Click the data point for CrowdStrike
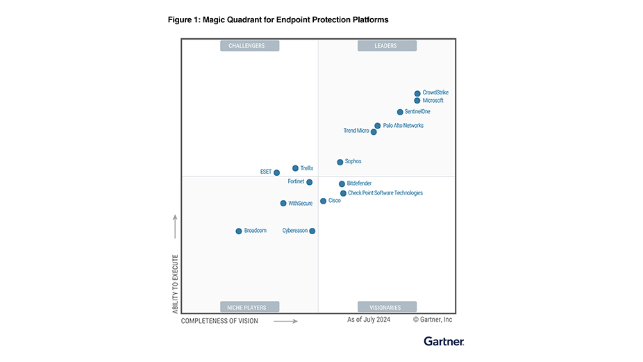coord(417,93)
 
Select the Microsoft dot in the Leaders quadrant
coord(417,101)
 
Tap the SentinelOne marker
coord(400,112)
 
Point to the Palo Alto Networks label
coord(403,126)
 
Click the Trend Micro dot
coord(374,132)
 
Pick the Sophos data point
coord(340,162)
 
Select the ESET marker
coord(276,172)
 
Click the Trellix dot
coord(295,168)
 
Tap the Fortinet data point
coord(309,182)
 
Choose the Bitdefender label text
coord(359,183)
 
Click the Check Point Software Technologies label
coord(385,193)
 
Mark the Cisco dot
coord(323,201)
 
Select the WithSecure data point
coord(283,204)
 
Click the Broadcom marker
coord(239,231)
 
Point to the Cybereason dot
coord(312,231)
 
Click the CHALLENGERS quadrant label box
coord(250,46)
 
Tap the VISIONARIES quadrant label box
coord(387,307)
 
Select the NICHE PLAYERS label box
coord(250,307)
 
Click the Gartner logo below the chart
coord(444,341)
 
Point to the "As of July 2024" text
coord(369,320)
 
